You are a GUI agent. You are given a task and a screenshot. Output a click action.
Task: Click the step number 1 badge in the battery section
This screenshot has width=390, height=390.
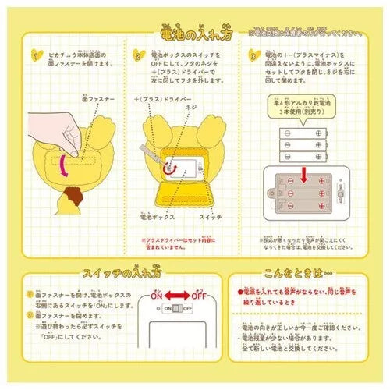click(x=32, y=55)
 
